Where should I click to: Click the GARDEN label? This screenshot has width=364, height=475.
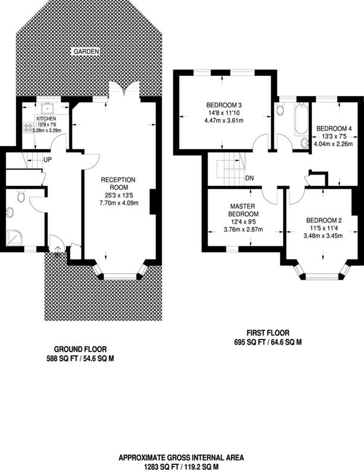(x=86, y=52)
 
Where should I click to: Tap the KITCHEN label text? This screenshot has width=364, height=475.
(x=46, y=118)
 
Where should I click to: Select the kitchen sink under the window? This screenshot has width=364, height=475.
(x=47, y=108)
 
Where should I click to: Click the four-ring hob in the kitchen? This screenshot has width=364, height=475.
(x=29, y=127)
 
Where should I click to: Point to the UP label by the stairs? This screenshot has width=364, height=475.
(x=48, y=160)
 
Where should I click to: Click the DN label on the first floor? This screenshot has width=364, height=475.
(x=249, y=178)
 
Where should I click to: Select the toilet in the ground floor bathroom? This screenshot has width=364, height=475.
(x=21, y=196)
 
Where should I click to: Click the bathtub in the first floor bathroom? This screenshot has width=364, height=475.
(x=301, y=119)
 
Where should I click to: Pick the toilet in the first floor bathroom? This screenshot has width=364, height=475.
(x=280, y=109)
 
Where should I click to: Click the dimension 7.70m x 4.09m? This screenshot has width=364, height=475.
(x=119, y=203)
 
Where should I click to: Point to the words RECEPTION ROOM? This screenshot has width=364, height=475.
(x=118, y=183)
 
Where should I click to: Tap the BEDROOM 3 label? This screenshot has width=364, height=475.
(x=224, y=106)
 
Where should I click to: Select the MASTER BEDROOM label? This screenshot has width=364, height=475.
(x=243, y=210)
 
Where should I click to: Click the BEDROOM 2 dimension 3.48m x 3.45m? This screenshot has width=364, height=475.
(x=323, y=235)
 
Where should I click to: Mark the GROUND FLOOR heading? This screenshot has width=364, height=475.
(x=80, y=349)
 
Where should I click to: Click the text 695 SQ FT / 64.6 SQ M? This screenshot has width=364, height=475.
(x=268, y=343)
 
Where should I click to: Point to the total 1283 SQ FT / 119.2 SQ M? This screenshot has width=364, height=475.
(x=181, y=467)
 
